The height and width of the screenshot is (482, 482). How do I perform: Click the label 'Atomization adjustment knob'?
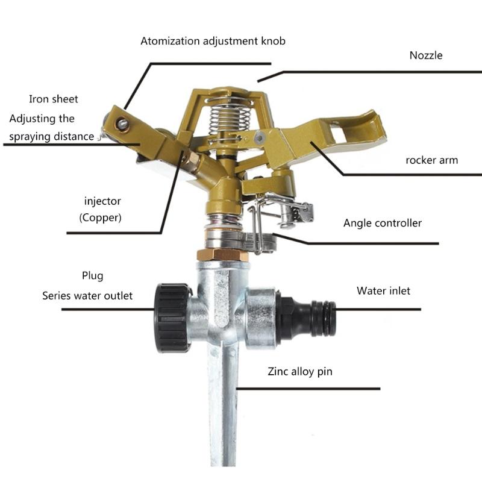[213, 42]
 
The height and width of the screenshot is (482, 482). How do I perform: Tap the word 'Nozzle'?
[426, 55]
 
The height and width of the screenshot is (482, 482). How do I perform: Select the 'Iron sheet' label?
[54, 99]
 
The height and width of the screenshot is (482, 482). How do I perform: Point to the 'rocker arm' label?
[431, 160]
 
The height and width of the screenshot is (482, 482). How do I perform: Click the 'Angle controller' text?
[383, 223]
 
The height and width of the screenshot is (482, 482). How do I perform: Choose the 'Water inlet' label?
[383, 291]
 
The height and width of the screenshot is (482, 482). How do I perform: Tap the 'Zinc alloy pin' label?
[300, 372]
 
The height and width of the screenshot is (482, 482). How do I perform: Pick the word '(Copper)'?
[101, 218]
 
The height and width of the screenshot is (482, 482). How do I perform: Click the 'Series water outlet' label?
[87, 296]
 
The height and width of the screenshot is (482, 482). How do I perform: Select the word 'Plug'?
[93, 276]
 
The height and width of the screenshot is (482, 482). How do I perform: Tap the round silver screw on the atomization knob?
[123, 124]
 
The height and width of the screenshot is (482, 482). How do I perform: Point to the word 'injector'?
[102, 201]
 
